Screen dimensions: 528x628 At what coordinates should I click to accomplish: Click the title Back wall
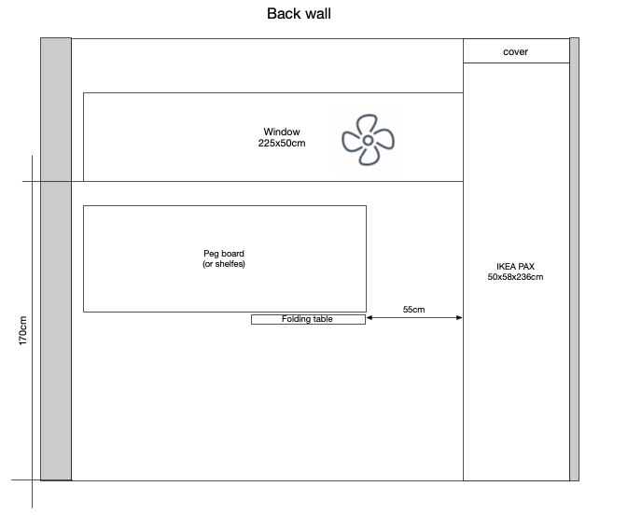tap(299, 14)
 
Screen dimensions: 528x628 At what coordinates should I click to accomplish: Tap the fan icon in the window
tap(368, 140)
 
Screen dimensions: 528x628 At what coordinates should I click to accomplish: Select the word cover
tap(515, 52)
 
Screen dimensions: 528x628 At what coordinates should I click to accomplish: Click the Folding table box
tap(308, 319)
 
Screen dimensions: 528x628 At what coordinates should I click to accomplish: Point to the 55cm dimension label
tap(414, 308)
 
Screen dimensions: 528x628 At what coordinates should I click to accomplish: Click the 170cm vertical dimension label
tap(23, 332)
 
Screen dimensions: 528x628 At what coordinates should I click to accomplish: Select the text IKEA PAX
tap(515, 267)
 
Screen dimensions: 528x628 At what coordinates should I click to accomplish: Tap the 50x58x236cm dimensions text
tap(515, 277)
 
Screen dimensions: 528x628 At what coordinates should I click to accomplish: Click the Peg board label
tap(224, 254)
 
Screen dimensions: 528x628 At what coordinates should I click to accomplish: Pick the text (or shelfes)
tap(224, 264)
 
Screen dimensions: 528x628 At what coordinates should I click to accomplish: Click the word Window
tap(282, 132)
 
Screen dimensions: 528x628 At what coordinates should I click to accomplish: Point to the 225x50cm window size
tap(282, 144)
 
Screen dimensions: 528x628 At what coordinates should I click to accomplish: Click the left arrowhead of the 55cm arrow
tap(370, 318)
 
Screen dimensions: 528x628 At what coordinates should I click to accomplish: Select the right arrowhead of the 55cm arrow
tap(459, 318)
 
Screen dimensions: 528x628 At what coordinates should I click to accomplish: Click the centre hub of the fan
tap(368, 140)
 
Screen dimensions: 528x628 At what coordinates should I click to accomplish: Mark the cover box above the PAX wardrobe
tap(516, 51)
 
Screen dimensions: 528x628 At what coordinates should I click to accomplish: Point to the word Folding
tap(296, 319)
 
